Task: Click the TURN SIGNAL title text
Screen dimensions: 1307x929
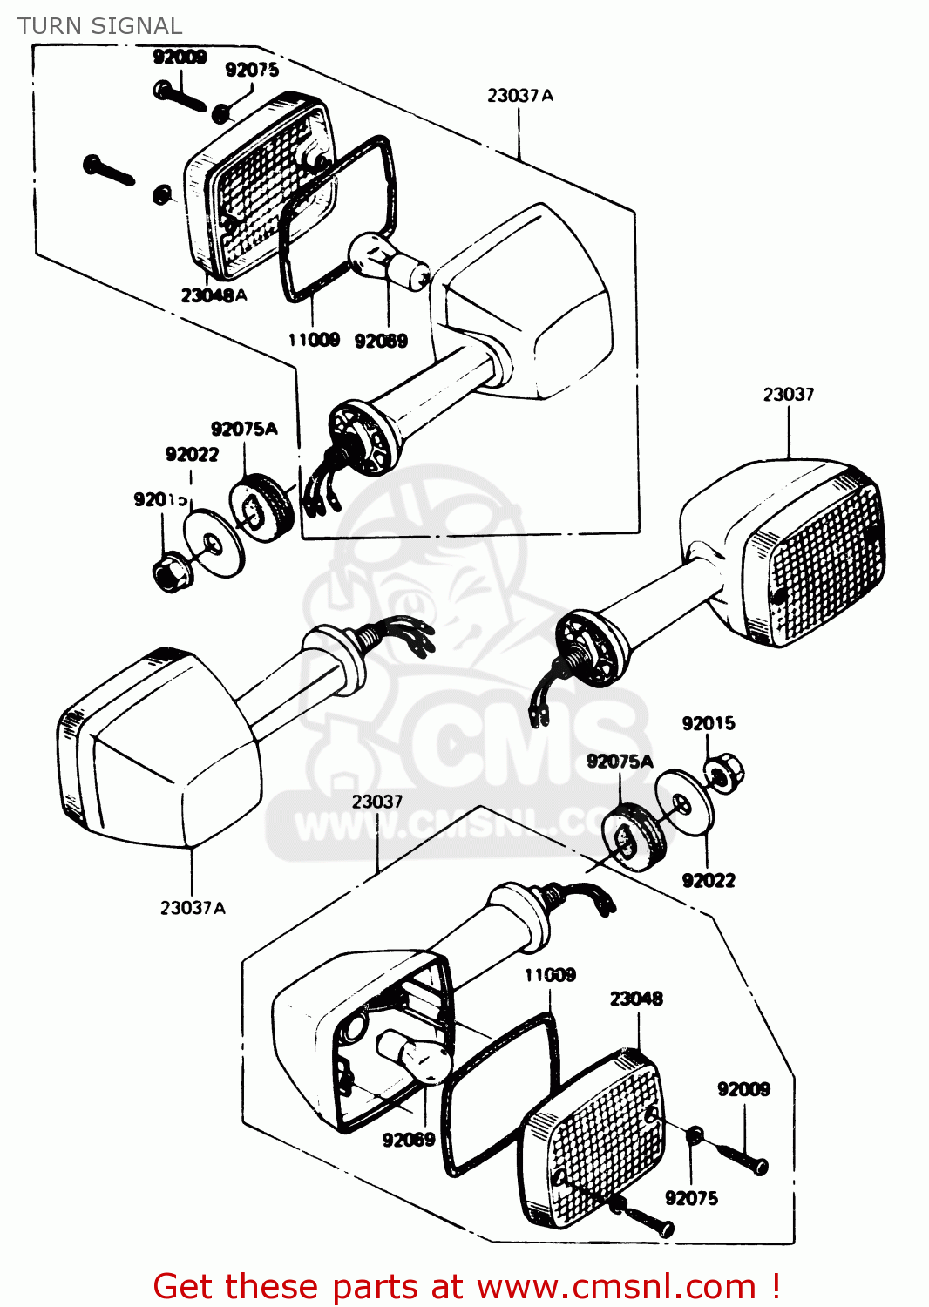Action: [99, 26]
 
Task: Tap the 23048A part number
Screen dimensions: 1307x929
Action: [214, 295]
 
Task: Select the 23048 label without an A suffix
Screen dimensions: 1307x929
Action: [636, 999]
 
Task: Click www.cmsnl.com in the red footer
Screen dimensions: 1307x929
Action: [616, 1286]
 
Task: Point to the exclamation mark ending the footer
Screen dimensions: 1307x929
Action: [775, 1286]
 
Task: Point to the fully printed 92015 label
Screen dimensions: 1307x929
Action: [708, 723]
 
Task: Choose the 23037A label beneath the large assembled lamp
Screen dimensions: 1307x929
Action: [193, 908]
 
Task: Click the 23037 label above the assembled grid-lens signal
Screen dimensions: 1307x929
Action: [789, 395]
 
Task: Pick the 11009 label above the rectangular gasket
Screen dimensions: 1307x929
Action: [550, 975]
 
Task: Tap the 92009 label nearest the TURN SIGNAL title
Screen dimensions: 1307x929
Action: [180, 58]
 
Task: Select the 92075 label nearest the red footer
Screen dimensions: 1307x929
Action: [691, 1198]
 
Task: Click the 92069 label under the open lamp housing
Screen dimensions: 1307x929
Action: [408, 1140]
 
